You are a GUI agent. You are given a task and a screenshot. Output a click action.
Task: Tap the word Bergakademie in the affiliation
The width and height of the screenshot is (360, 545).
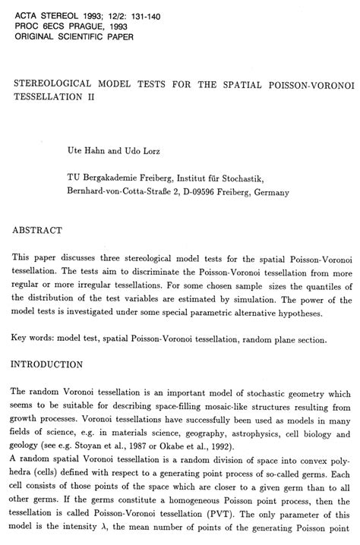click(x=115, y=178)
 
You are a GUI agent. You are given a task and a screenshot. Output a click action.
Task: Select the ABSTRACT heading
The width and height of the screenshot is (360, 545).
click(x=36, y=228)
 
